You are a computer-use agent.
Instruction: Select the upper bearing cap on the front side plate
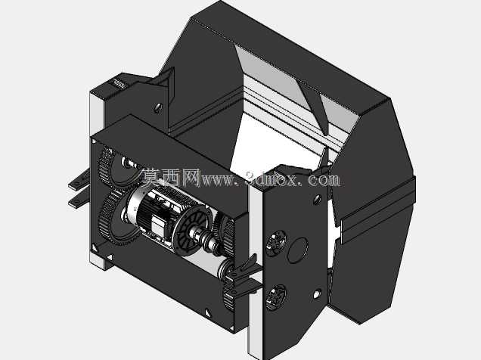(275, 242)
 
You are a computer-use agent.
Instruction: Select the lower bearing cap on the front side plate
(276, 297)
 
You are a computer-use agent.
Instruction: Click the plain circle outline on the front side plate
(297, 250)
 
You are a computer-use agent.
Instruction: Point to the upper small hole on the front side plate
(317, 200)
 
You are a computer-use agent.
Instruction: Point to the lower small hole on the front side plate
(317, 294)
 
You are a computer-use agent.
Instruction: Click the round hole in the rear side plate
(158, 107)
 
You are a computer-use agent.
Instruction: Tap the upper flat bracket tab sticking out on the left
(79, 182)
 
